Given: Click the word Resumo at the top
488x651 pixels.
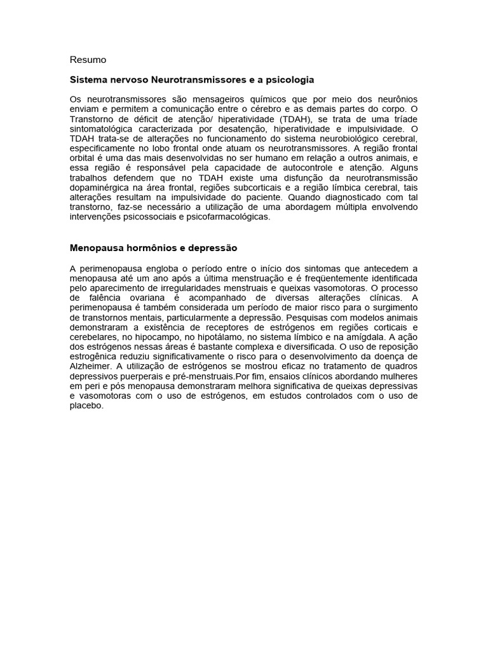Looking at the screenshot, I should coord(88,60).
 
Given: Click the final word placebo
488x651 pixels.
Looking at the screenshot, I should coord(86,406).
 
